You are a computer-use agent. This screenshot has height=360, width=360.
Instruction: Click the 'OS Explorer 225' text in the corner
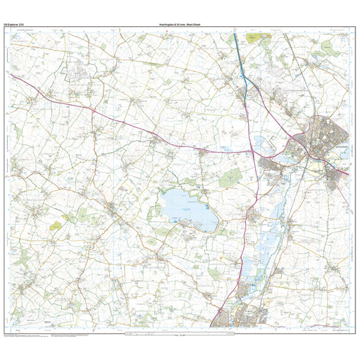[x=16, y=24]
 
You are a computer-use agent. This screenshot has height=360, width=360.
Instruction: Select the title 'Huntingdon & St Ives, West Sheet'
[x=180, y=24]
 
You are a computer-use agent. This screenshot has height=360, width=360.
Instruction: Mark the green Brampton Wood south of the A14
[x=230, y=176]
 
